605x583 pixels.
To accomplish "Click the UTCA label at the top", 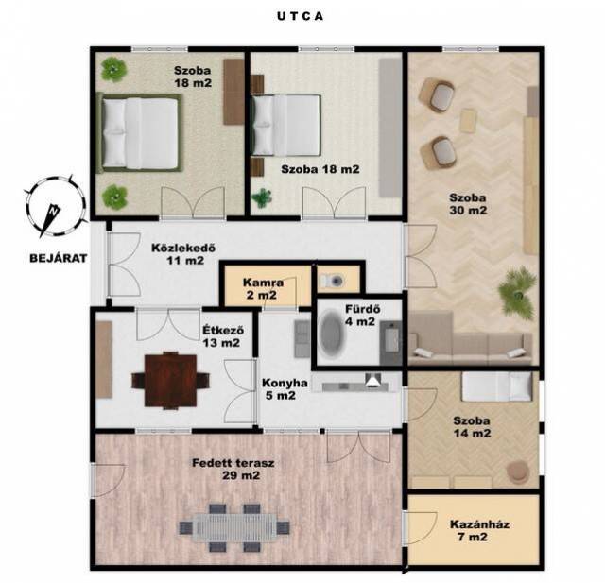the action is point(300,17).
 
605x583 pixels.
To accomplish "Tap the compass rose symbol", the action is point(55,206).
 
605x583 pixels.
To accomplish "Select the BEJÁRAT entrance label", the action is point(59,258).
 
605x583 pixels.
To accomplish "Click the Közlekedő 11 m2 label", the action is point(183,254).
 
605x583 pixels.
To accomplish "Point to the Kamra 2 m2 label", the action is point(263,289).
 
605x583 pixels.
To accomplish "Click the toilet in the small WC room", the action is point(333,281).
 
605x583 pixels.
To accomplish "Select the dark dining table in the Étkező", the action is point(170,381).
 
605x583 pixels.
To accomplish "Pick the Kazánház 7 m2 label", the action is point(479,530).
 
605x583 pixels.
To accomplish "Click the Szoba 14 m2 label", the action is point(472,427).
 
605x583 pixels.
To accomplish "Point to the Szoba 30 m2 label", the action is point(468,204).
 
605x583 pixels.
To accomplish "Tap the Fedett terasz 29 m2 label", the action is point(233,469).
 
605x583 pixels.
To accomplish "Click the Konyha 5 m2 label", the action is point(285,388).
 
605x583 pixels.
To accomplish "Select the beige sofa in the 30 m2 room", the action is point(471,337).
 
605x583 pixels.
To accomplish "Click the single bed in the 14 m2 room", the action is point(497,386).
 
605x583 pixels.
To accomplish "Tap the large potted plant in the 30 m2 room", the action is point(517,292).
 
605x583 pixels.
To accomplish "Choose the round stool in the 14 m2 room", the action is point(518,472).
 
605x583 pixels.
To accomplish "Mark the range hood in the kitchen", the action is point(373,380).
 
